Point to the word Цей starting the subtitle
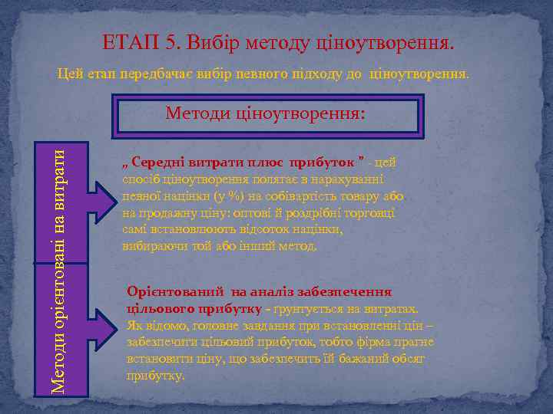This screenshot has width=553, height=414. (x=69, y=74)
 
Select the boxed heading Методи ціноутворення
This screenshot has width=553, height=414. (x=265, y=115)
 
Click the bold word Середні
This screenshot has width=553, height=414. (x=155, y=163)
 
